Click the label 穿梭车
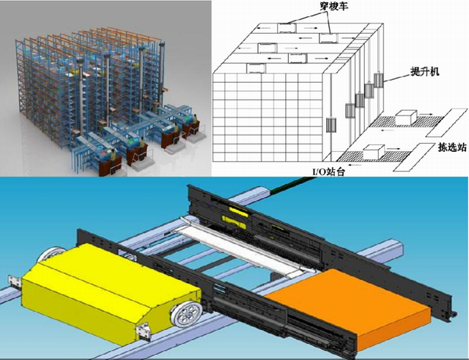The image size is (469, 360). (334, 7)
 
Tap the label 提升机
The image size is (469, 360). (425, 72)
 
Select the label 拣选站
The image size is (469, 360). (452, 147)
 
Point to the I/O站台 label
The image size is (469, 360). (329, 172)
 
